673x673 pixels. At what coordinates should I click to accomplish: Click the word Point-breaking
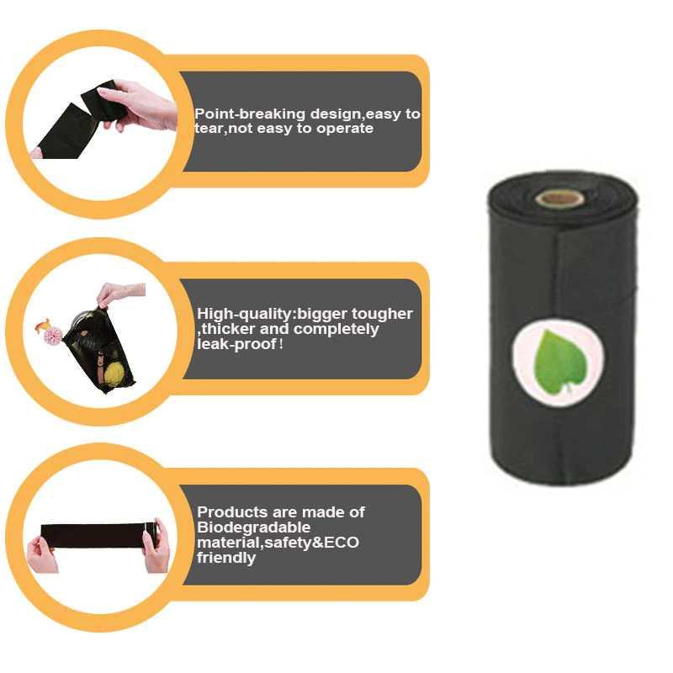coord(238,114)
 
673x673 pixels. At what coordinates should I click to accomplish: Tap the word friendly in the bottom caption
coord(226,558)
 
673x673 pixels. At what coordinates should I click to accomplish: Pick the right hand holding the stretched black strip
coord(156,546)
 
